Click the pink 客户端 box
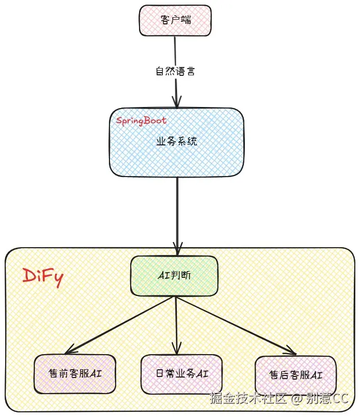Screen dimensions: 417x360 coord(175,20)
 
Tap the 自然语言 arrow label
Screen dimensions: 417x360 coord(175,71)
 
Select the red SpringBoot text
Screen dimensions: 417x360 coord(141,121)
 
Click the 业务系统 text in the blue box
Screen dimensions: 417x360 coord(176,141)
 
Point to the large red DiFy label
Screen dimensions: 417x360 coord(43,276)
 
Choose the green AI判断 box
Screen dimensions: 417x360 coord(174,276)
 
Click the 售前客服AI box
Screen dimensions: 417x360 coord(75,373)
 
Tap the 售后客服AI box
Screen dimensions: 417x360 coord(296,375)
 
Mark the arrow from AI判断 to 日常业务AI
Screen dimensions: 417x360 coord(177,325)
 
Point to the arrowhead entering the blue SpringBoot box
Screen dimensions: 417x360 coord(176,103)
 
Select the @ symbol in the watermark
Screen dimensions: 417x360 coord(296,399)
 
